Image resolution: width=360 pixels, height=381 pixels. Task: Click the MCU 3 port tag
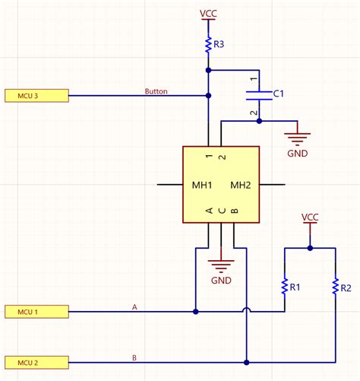(x=36, y=96)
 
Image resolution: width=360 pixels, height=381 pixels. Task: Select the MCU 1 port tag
(x=36, y=312)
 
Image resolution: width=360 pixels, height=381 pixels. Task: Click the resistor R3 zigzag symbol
(x=207, y=45)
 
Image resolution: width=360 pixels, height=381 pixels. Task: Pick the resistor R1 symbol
(x=284, y=287)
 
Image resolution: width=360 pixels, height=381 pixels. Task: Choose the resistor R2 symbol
(x=334, y=287)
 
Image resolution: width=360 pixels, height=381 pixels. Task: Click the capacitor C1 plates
(x=259, y=94)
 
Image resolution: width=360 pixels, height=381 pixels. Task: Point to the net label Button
(x=156, y=91)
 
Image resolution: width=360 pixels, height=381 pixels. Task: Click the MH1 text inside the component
(x=201, y=185)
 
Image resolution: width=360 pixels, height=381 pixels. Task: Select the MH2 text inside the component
(x=241, y=185)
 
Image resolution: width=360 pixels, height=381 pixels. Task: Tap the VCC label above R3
(x=207, y=13)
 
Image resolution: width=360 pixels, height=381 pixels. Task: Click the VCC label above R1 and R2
(x=309, y=217)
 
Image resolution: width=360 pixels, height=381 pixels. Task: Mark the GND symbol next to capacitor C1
(x=297, y=141)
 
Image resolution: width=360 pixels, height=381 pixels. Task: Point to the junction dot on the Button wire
(x=207, y=96)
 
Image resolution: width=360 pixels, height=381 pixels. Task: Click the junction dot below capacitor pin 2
(x=259, y=121)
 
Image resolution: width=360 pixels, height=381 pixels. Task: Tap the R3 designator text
(x=219, y=45)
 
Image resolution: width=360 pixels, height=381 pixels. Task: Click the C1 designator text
(x=278, y=94)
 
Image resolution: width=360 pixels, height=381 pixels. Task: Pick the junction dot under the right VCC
(x=309, y=247)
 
